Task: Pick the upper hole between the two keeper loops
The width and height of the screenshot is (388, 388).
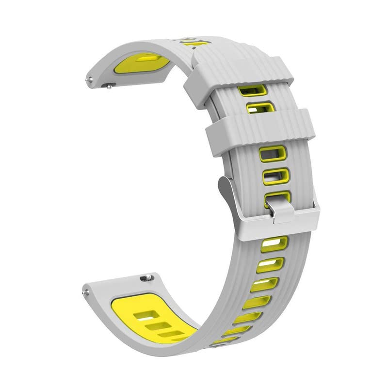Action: (x=253, y=91)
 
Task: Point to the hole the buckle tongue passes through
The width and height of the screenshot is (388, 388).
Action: (x=277, y=197)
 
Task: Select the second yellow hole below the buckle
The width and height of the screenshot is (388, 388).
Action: (x=271, y=265)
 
